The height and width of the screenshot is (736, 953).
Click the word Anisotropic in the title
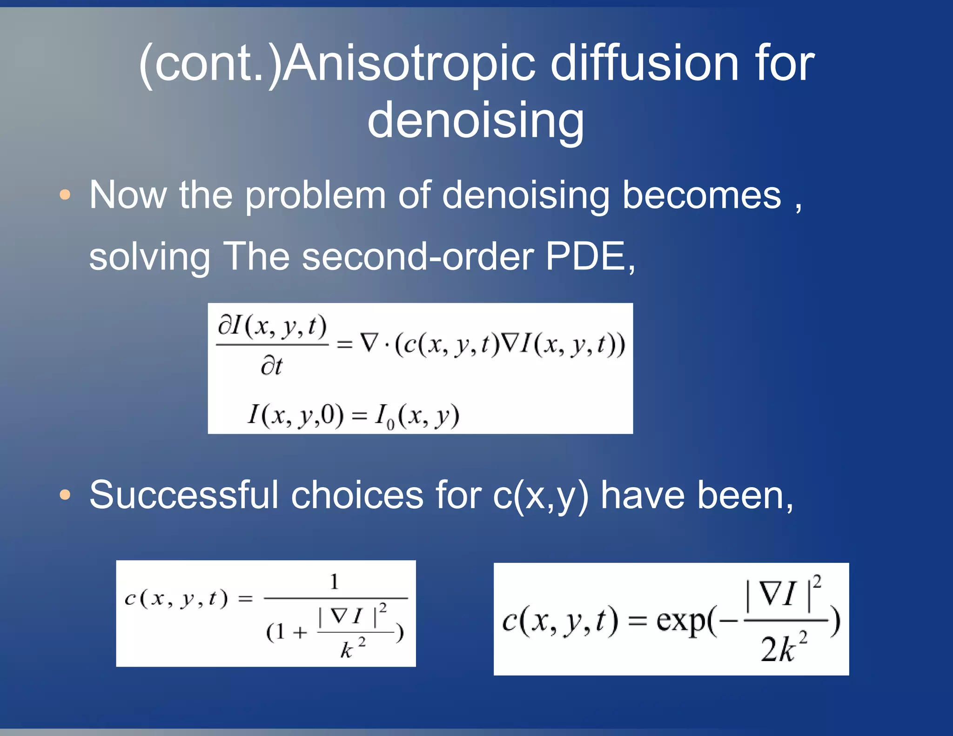[x=409, y=64]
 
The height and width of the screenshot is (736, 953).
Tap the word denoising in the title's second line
[x=476, y=120]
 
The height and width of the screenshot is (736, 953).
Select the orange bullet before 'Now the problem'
[x=65, y=195]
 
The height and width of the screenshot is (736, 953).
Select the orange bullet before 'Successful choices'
[x=65, y=495]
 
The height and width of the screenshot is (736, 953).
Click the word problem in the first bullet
[x=315, y=196]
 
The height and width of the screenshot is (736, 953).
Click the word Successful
[x=184, y=495]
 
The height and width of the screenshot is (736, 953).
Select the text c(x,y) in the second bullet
[x=540, y=496]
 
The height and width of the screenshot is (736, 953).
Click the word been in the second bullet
[x=740, y=495]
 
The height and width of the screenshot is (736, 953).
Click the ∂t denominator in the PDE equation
[x=271, y=366]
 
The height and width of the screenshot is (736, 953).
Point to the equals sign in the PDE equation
[x=344, y=345]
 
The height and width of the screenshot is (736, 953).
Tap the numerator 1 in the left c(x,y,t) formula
[x=334, y=582]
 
